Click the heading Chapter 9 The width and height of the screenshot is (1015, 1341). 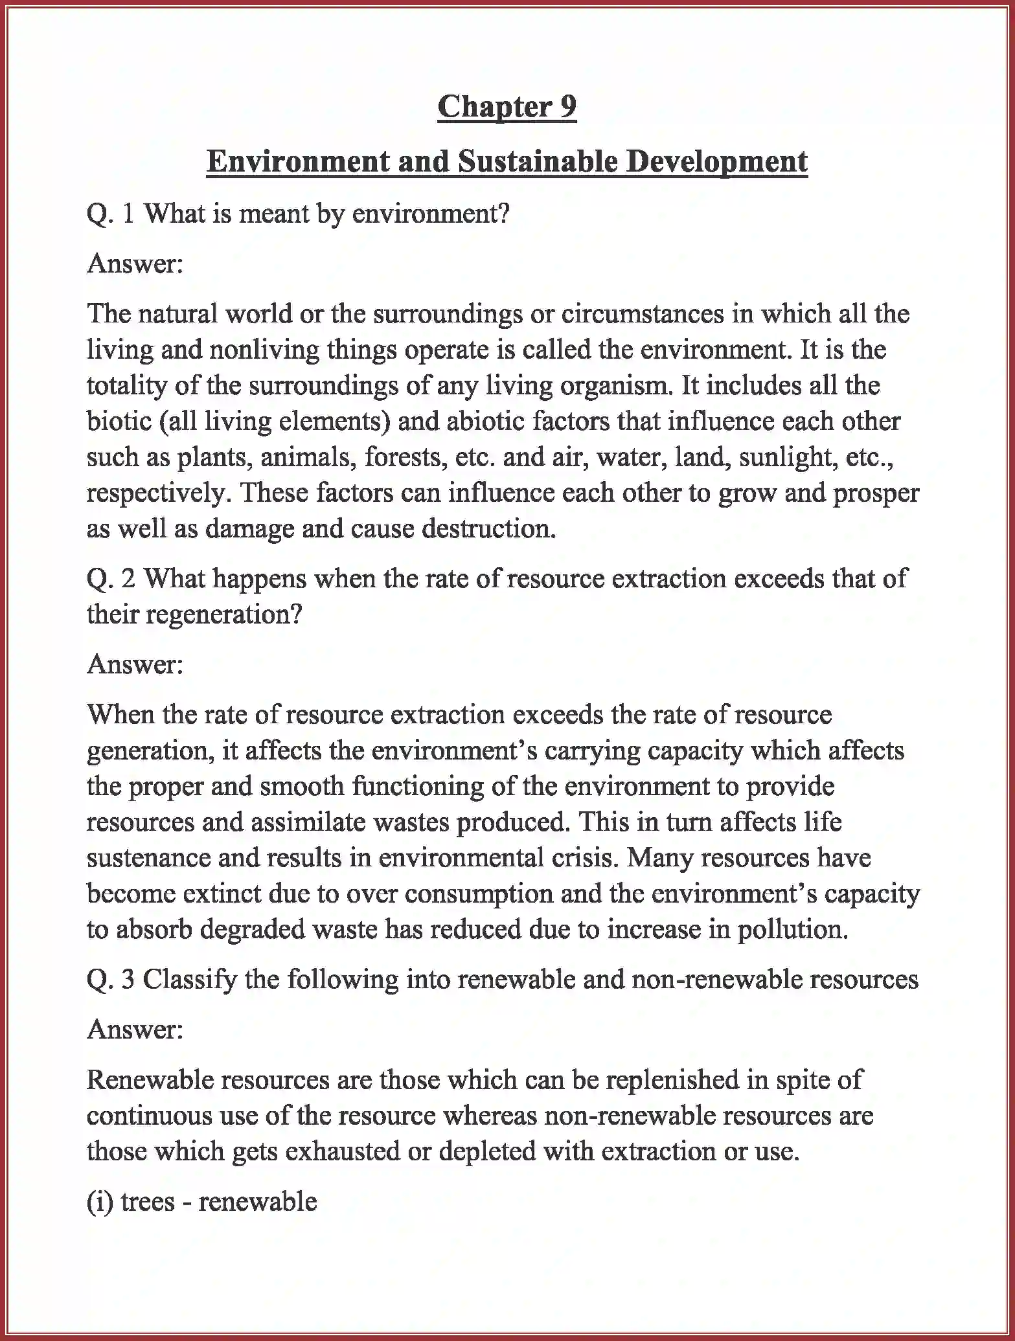click(x=507, y=106)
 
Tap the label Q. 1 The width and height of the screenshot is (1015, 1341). click(x=110, y=214)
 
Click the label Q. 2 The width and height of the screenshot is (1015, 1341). click(x=110, y=578)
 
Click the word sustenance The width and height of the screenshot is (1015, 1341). click(x=148, y=858)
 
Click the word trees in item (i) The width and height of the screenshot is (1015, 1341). click(x=148, y=1202)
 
